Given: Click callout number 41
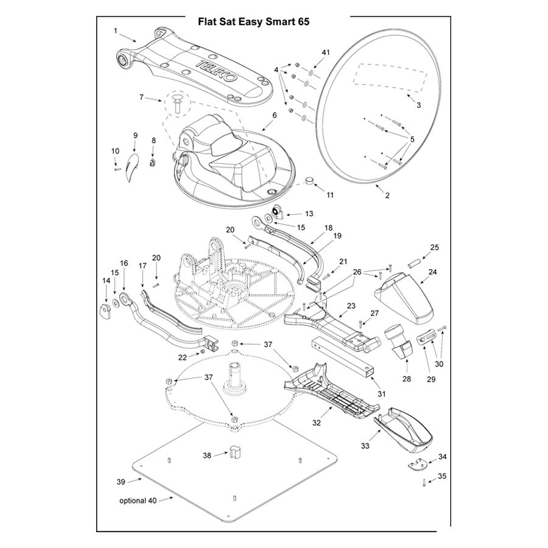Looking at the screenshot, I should coord(325,53).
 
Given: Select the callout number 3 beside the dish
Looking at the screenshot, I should coord(418,105).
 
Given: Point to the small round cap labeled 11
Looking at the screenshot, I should coord(311,181).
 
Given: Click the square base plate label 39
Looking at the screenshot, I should coord(121,482).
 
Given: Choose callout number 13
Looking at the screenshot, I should coord(309,214).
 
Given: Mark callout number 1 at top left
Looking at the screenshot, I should coord(116,29).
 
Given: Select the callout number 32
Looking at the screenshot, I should coord(316,421).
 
